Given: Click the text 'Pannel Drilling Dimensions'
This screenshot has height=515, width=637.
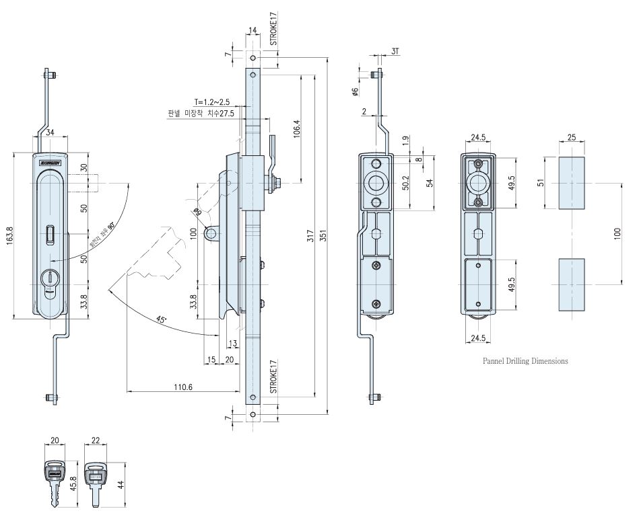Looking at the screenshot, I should point(525,361).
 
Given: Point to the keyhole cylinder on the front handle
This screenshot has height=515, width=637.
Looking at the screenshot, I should point(51,279).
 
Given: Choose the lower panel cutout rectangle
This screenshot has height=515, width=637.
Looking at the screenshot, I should point(571,285).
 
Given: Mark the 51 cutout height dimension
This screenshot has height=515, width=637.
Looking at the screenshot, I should point(541,184).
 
